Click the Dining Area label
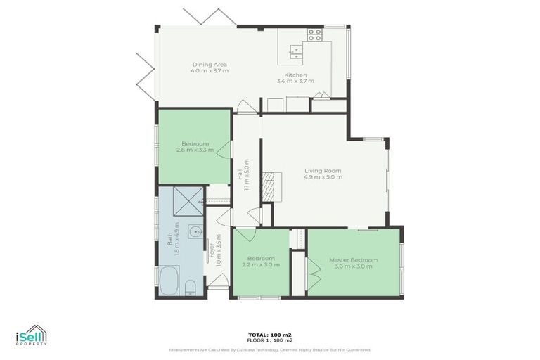click(x=210, y=65)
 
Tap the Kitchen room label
click(x=295, y=75)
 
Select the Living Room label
click(x=323, y=171)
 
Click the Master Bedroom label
click(x=353, y=259)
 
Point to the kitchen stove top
click(x=314, y=34)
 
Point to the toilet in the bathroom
click(x=191, y=285)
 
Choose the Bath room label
click(x=169, y=240)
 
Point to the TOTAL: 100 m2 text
click(x=270, y=335)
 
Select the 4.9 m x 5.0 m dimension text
click(x=323, y=177)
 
